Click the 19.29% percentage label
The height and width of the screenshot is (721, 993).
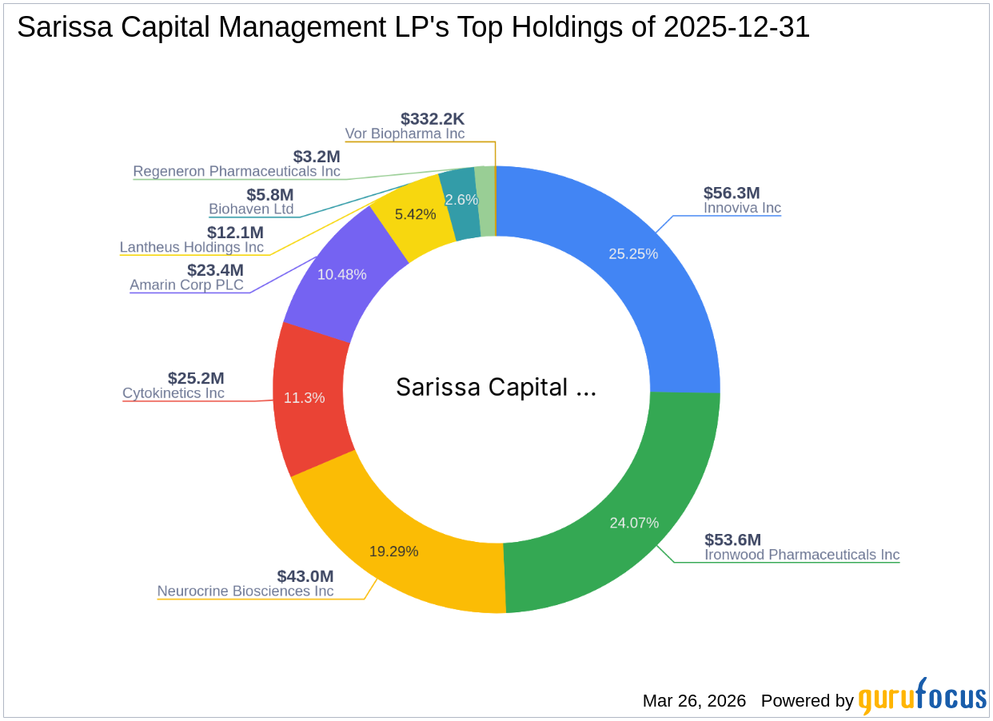393,552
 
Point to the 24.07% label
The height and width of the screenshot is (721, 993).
634,523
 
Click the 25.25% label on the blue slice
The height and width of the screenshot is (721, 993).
633,254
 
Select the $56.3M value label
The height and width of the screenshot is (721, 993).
732,193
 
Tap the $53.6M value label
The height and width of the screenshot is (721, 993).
732,539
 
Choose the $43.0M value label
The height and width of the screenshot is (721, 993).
305,576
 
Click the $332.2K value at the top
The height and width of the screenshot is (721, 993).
433,119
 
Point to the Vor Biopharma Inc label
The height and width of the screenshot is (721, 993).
405,134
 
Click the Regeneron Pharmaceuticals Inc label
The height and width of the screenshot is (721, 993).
237,171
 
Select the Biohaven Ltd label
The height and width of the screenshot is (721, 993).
251,209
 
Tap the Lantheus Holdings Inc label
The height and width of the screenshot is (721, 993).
192,247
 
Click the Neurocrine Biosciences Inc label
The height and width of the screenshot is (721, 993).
245,592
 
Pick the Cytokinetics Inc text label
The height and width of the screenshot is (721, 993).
173,393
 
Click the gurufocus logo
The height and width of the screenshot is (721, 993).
923,697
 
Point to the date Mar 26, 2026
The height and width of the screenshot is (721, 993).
694,701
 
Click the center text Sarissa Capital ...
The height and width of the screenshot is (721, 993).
496,388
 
